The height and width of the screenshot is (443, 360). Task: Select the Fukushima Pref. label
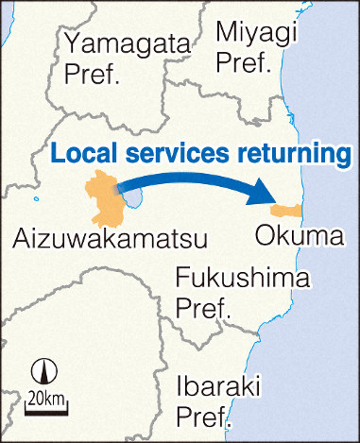242,294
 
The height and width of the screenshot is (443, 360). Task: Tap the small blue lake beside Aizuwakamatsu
134,196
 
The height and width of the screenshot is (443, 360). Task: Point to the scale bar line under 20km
43,408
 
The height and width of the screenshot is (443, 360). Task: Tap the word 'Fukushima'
243,280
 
